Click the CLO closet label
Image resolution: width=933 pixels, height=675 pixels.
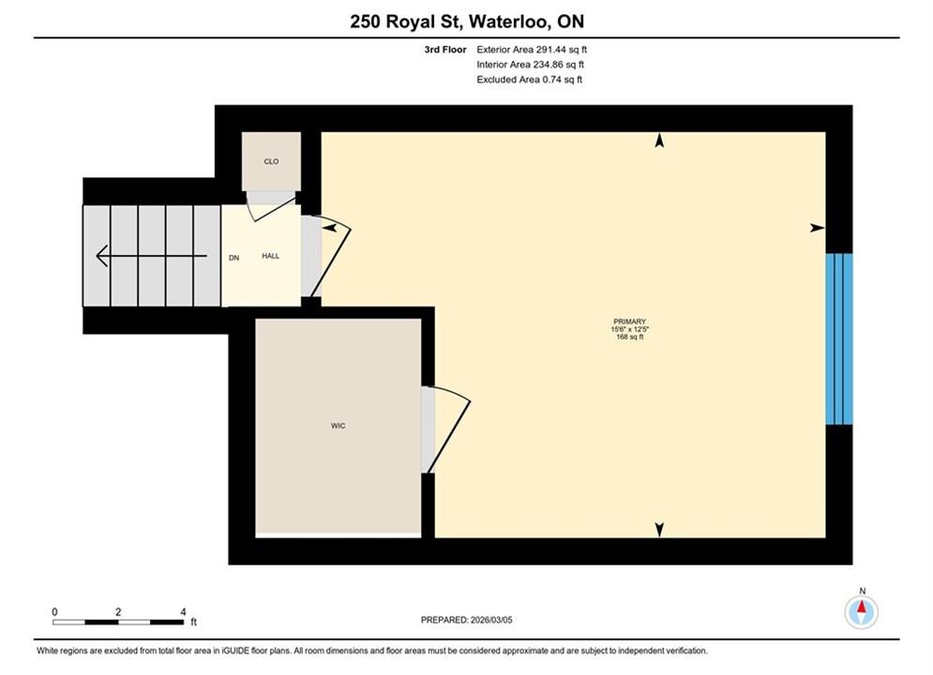pos(271,162)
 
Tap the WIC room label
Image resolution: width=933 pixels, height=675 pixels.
pos(338,426)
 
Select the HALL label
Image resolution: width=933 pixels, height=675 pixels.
pos(271,256)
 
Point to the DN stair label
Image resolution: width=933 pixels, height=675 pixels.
pos(233,258)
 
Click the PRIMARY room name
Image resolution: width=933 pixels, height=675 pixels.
pos(629,322)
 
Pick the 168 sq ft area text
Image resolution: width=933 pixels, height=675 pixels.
pos(629,337)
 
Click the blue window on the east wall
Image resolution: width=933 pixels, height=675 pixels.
pos(839,339)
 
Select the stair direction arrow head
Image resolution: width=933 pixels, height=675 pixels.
pos(102,256)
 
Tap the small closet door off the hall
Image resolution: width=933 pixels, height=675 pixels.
pos(271,205)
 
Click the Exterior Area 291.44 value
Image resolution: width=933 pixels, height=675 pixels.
pos(562,50)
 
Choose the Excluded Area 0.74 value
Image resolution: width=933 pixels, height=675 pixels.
pos(563,80)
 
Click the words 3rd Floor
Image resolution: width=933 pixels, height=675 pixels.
pos(445,50)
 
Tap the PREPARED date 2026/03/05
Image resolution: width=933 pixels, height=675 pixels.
pos(491,620)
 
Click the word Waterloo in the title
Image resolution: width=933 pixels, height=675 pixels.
pos(509,22)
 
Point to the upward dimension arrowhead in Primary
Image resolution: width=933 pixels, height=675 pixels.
pos(659,141)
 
